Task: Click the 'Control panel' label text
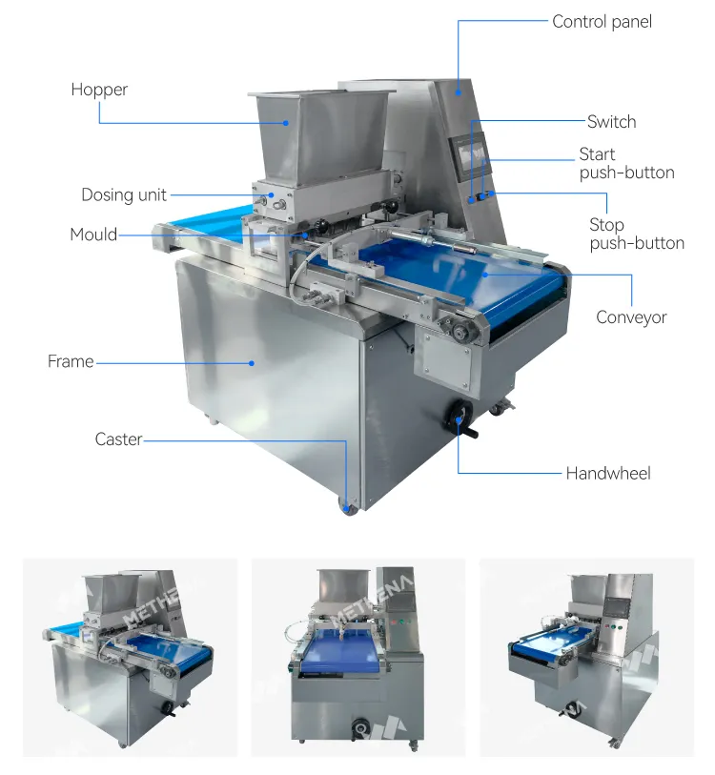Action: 602,22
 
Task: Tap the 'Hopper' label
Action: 99,91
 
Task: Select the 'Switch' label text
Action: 612,122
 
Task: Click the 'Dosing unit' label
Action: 124,195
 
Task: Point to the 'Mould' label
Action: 93,235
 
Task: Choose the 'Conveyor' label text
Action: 631,317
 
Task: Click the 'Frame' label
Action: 71,361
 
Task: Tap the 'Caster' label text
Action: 118,439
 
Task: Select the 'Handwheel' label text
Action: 608,474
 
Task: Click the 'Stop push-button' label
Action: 637,235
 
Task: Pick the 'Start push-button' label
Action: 627,164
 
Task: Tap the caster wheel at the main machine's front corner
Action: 350,507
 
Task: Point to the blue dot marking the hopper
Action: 286,123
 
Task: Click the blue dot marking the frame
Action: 252,363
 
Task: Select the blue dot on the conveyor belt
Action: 485,275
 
